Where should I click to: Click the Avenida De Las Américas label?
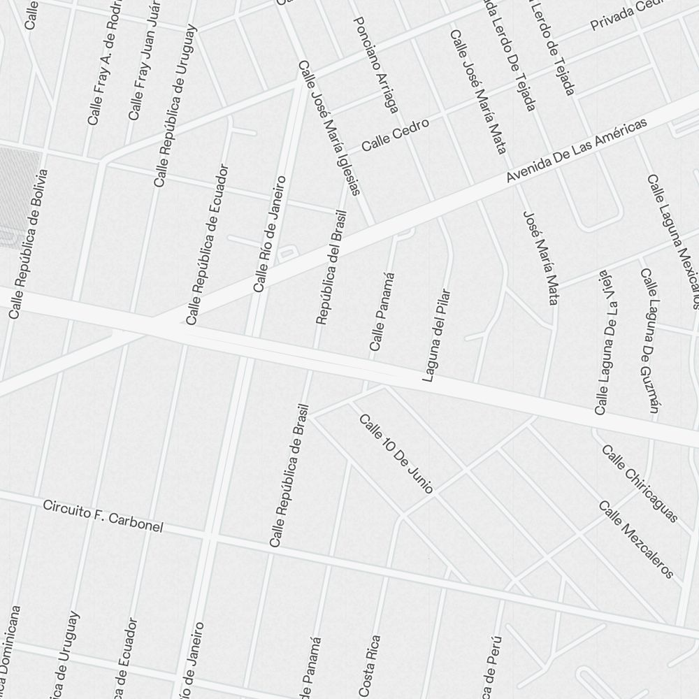tap(577, 152)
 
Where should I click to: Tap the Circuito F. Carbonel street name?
tap(103, 516)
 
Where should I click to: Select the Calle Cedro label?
tap(395, 134)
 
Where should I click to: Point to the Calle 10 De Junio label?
tap(396, 454)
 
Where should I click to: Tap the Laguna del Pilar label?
tap(435, 336)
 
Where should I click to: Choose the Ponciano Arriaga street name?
tap(376, 65)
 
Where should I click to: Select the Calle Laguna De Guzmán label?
tap(650, 340)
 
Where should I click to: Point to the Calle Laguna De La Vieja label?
tap(605, 342)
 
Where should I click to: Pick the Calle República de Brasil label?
tap(289, 476)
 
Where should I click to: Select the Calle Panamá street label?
tap(382, 311)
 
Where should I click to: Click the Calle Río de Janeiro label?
tap(270, 233)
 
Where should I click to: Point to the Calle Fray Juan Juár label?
tap(146, 62)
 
